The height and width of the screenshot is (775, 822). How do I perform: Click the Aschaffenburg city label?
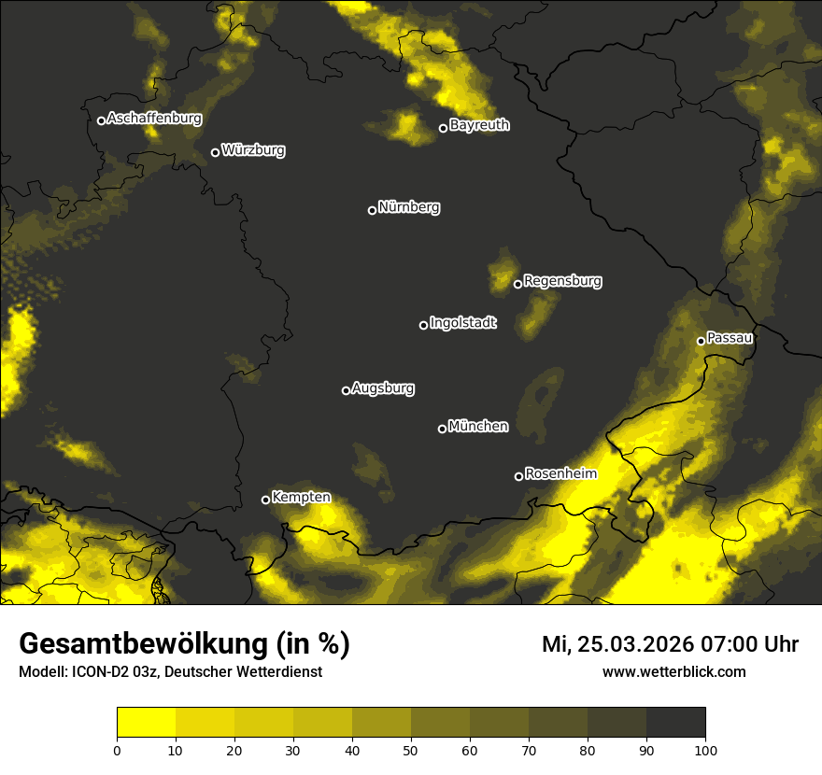pyautogui.click(x=154, y=119)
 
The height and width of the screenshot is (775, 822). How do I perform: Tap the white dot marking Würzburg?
pyautogui.click(x=215, y=152)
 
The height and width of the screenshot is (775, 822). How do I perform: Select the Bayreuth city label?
pyautogui.click(x=479, y=125)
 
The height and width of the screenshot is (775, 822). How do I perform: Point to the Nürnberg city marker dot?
pyautogui.click(x=372, y=210)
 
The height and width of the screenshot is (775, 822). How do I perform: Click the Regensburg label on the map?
pyautogui.click(x=562, y=281)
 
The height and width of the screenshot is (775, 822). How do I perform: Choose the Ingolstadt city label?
pyautogui.click(x=463, y=323)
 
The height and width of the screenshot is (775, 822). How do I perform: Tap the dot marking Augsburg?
pyautogui.click(x=346, y=390)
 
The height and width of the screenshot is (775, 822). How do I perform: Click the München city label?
pyautogui.click(x=478, y=427)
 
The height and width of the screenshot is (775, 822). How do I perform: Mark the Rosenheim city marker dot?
pyautogui.click(x=518, y=476)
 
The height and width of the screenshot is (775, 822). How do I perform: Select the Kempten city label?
pyautogui.click(x=301, y=498)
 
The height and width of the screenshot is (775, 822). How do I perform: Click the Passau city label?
pyautogui.click(x=730, y=338)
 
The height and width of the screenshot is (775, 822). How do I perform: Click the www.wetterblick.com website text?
pyautogui.click(x=674, y=671)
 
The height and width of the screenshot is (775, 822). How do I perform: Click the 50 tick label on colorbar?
pyautogui.click(x=411, y=749)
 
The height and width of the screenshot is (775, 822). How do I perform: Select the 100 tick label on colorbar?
pyautogui.click(x=704, y=749)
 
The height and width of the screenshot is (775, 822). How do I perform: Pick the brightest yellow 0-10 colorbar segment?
pyautogui.click(x=147, y=722)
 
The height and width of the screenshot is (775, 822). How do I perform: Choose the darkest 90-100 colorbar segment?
pyautogui.click(x=675, y=722)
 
